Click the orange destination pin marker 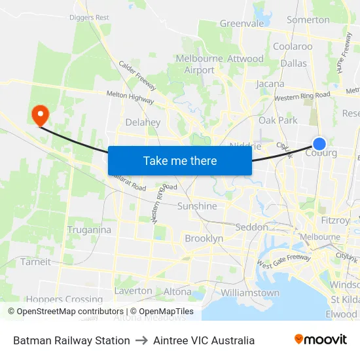tap(41, 115)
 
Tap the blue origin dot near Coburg tap(319, 144)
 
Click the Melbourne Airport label tap(200, 64)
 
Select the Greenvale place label tap(242, 24)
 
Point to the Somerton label tap(308, 20)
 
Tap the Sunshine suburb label tap(197, 206)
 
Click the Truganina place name tap(89, 230)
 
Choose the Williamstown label tap(249, 293)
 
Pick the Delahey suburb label tap(143, 122)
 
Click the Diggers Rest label tap(90, 18)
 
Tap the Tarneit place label tap(35, 262)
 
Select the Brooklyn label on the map tap(204, 239)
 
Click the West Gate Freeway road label tap(283, 261)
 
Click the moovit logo tap(321, 340)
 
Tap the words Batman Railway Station tap(71, 340)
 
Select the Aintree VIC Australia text tap(204, 340)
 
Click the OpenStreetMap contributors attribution tap(66, 312)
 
